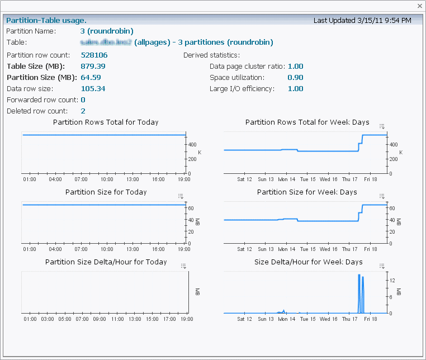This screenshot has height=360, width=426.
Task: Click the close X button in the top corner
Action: coord(420,6)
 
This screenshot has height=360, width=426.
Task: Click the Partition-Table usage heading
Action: coord(46,21)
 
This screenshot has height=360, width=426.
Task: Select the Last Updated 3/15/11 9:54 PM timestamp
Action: coord(362,21)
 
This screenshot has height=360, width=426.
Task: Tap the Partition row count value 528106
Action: coord(94,55)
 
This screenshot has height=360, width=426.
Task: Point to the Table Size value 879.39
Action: coord(93,67)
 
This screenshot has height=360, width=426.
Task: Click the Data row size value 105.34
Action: coord(93,89)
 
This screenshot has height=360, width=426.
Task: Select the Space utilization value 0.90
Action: coord(295,78)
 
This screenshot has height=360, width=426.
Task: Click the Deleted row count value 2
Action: coord(83,111)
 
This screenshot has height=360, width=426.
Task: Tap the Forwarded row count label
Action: coord(42,100)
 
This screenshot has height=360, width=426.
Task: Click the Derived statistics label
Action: coord(211,55)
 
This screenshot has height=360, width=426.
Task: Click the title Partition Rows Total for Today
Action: coord(106,122)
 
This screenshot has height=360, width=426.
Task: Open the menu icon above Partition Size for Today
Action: coord(181,196)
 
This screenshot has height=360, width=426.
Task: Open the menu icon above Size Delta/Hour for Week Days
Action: coord(382,266)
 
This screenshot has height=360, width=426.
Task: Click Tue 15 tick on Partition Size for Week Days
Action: coord(307,249)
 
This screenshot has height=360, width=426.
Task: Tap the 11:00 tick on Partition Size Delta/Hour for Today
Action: coord(117,319)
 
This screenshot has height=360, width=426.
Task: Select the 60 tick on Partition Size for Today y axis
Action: coord(190,208)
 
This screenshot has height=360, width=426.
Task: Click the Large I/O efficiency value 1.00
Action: coord(295,89)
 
